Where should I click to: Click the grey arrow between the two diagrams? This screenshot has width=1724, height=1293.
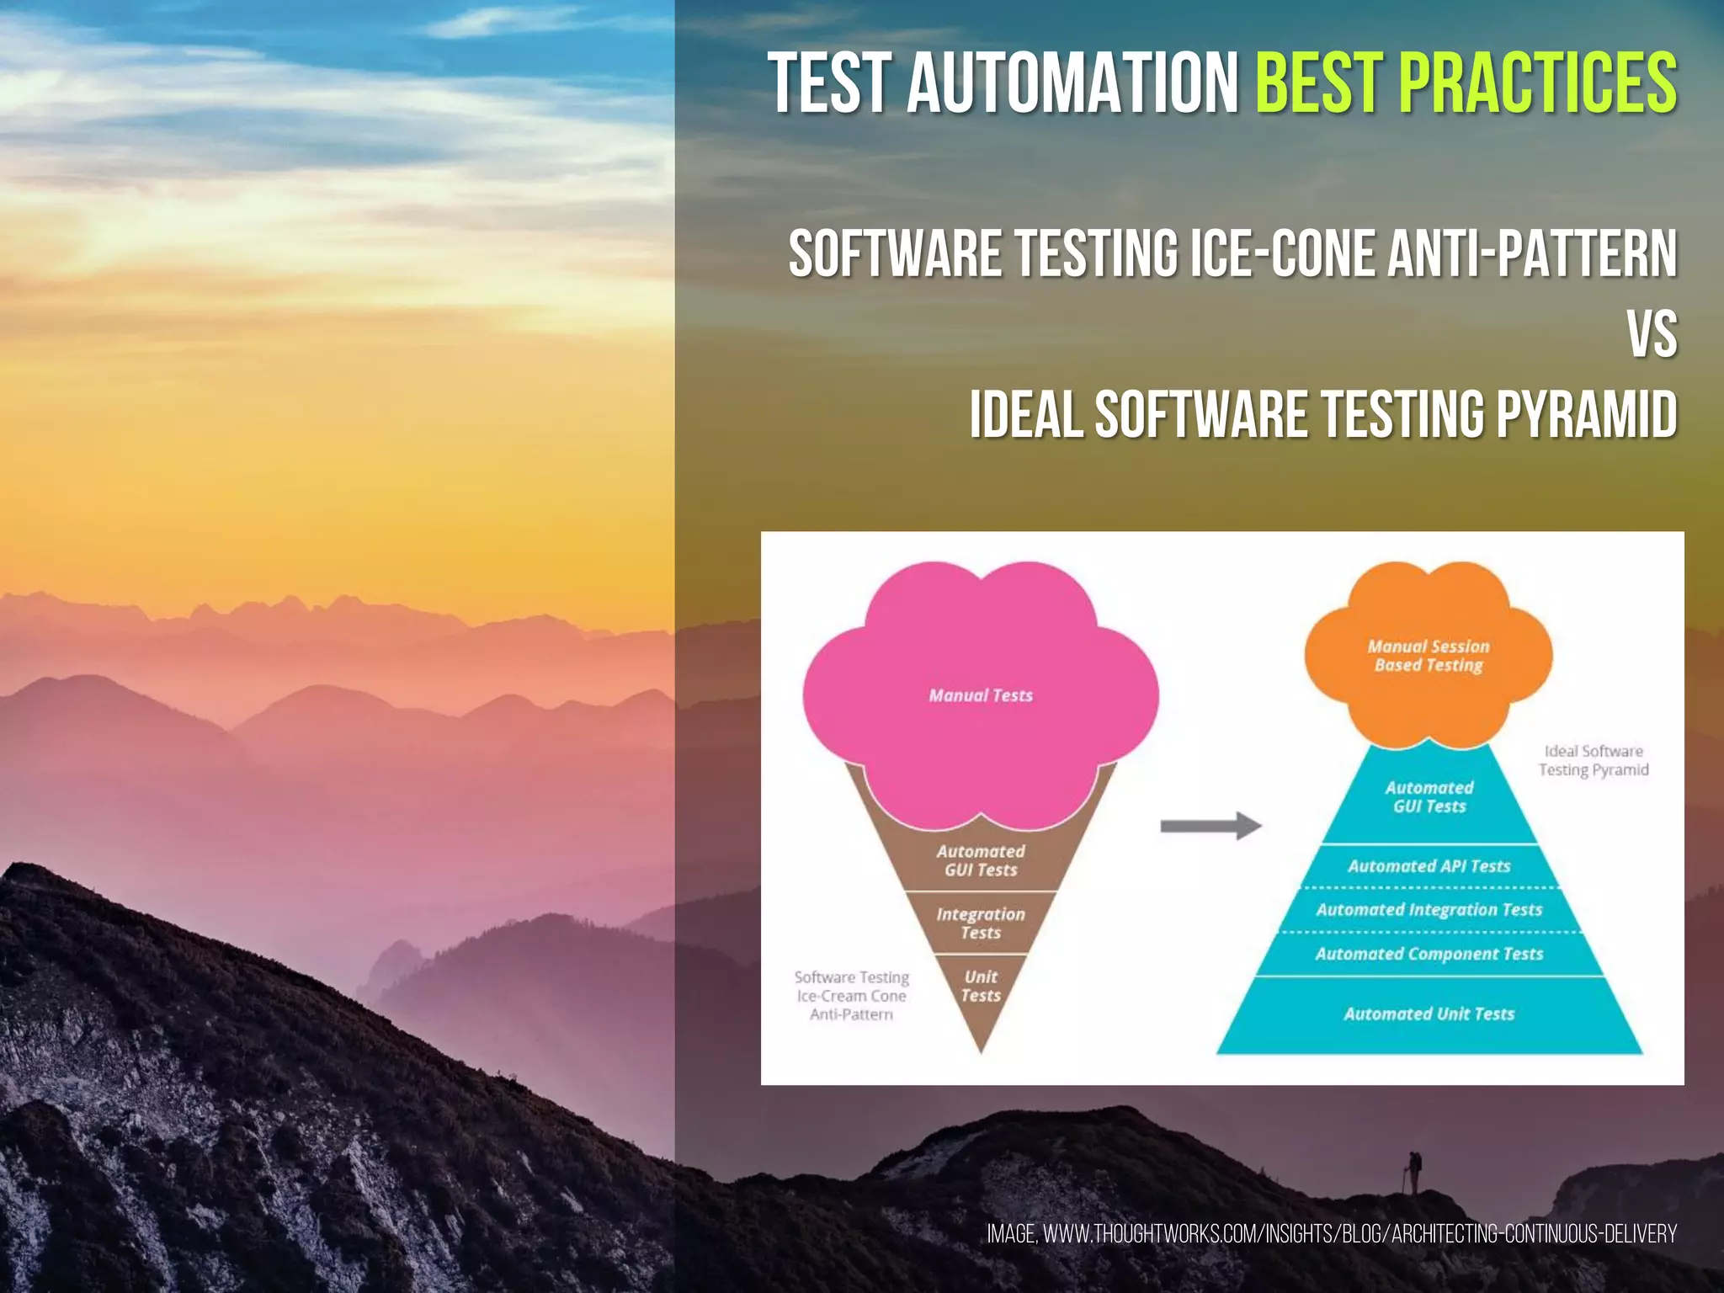tap(1210, 826)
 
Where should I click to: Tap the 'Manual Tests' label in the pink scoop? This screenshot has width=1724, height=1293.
tap(981, 695)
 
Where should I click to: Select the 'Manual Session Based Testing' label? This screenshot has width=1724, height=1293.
tap(1429, 656)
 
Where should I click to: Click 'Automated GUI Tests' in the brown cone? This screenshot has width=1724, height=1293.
tap(981, 860)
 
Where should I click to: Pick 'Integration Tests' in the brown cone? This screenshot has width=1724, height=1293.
tap(981, 923)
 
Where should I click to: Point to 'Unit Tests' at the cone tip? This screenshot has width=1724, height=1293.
tap(981, 986)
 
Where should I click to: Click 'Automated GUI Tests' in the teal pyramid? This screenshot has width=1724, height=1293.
tap(1429, 797)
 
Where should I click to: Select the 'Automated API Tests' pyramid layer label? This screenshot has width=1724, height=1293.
tap(1429, 866)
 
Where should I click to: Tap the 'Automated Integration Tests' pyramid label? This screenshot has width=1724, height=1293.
tap(1429, 910)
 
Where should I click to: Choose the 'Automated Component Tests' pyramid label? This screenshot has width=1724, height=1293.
tap(1429, 954)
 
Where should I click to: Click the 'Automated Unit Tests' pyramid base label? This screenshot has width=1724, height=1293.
tap(1429, 1014)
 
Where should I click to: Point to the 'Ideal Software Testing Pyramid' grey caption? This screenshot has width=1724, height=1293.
tap(1594, 760)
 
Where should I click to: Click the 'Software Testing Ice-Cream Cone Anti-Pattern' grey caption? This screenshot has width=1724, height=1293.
tap(851, 996)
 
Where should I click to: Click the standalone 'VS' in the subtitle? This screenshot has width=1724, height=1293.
tap(1652, 334)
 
